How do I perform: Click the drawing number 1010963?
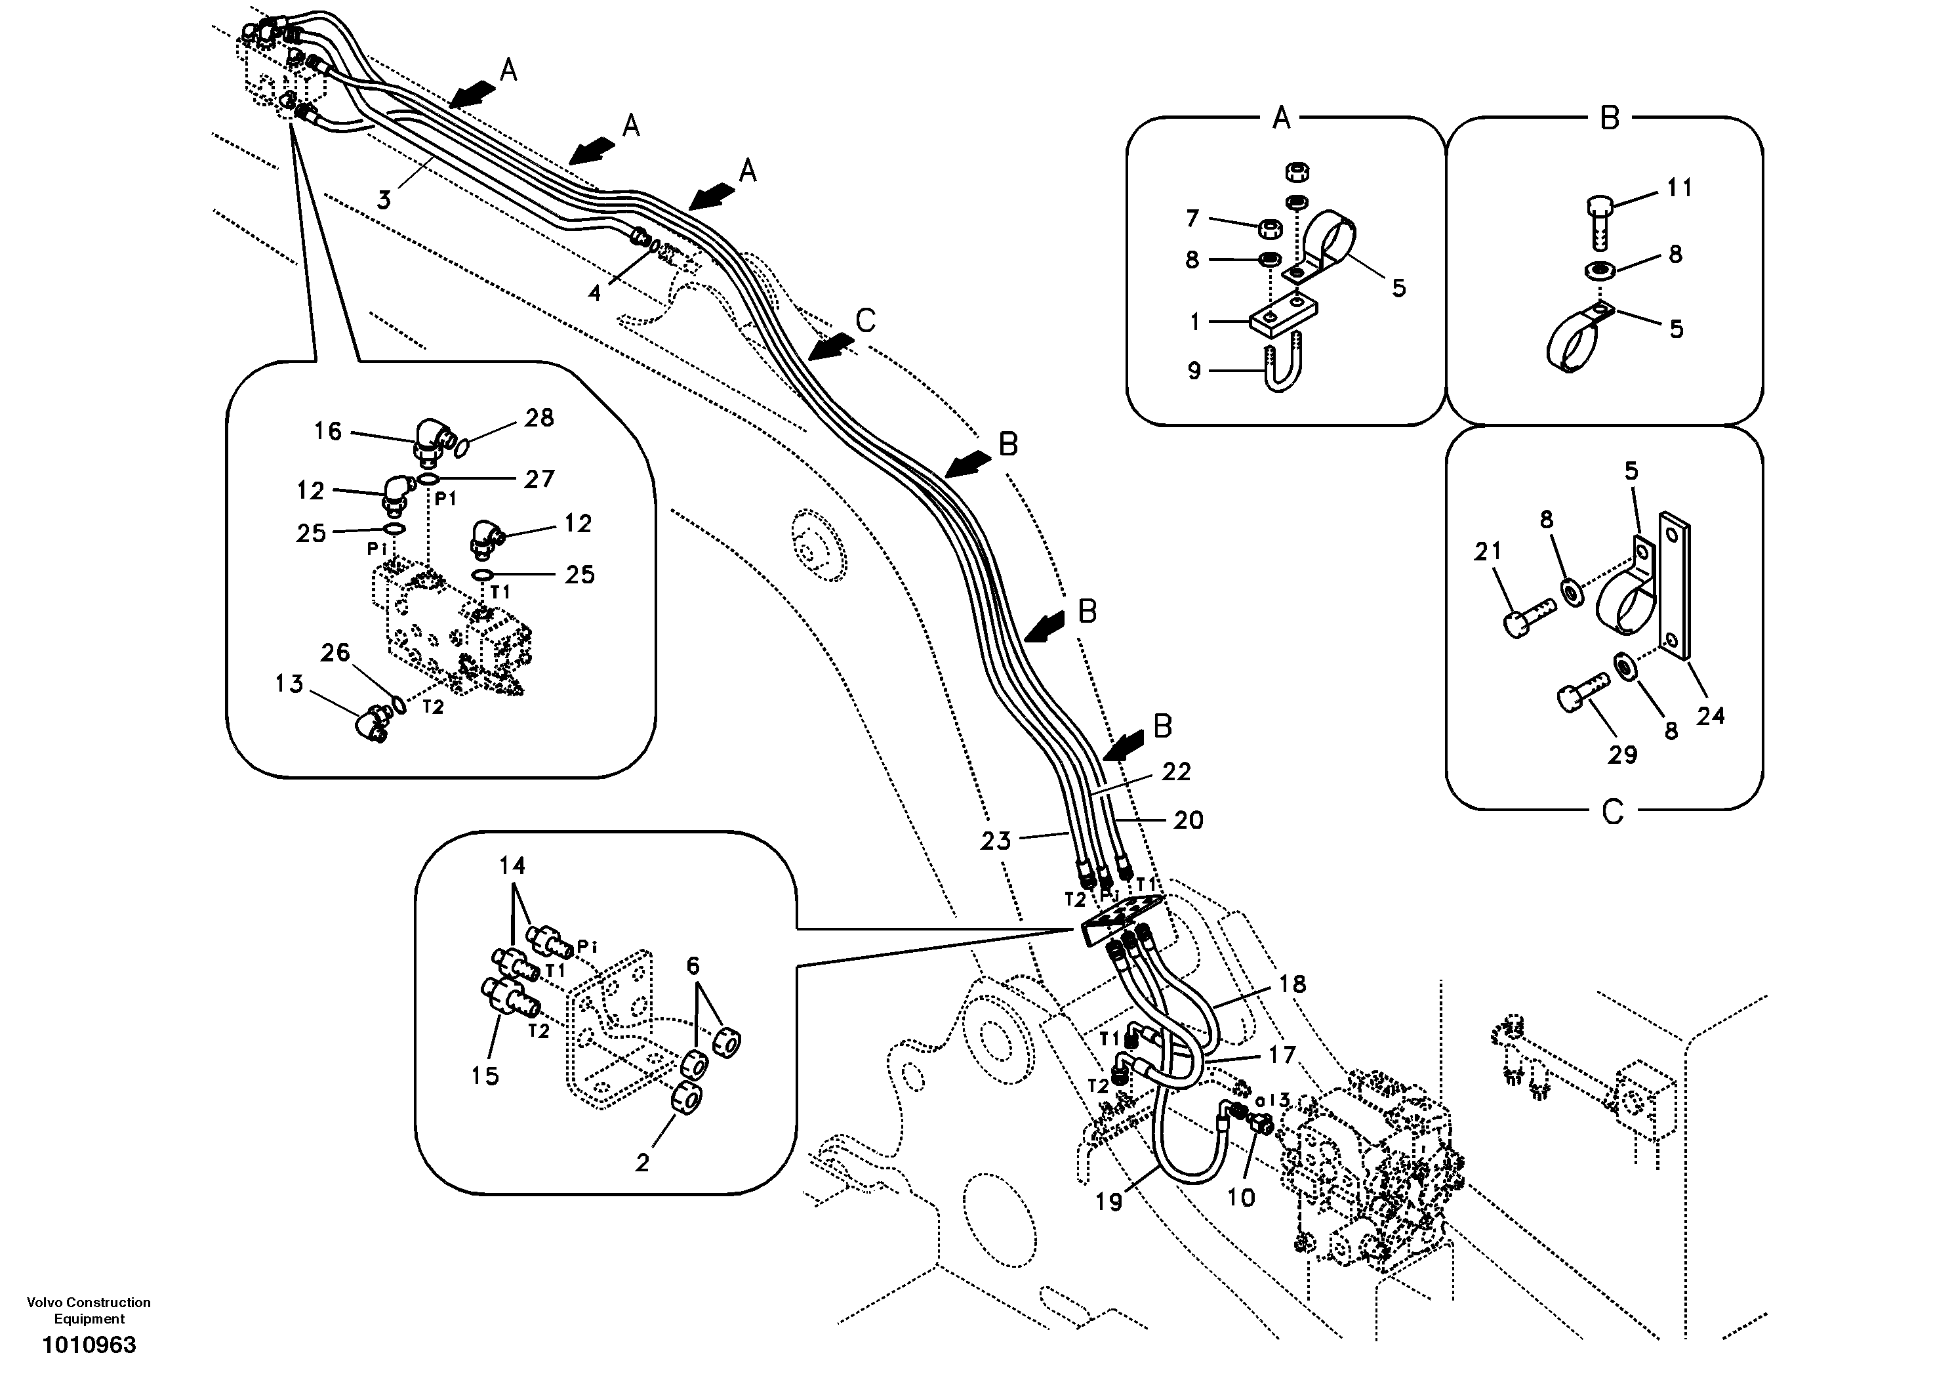pos(89,1345)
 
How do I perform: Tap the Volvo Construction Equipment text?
pos(89,1310)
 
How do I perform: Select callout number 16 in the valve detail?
pos(327,431)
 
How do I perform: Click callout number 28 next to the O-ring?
pos(539,417)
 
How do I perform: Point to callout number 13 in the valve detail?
pos(289,684)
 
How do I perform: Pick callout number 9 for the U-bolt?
pos(1194,371)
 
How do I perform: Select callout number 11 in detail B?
pos(1679,187)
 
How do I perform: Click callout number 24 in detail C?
pos(1710,716)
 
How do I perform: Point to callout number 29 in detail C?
pos(1622,755)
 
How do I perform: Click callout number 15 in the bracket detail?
pos(485,1075)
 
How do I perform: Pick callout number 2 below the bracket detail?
pos(642,1162)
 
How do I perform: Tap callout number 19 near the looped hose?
pos(1108,1203)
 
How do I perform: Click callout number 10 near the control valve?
pos(1240,1198)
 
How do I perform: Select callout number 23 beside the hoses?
pos(996,841)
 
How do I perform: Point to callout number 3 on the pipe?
pos(384,201)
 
